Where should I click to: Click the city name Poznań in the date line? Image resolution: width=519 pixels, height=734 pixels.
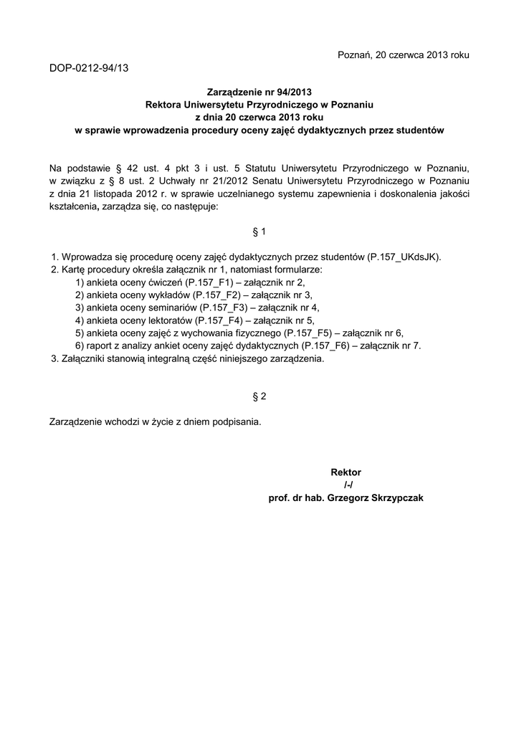tap(353, 55)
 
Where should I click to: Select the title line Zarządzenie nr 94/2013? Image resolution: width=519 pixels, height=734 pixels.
tap(259, 92)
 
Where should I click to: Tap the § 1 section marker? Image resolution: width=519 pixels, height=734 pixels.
tap(259, 232)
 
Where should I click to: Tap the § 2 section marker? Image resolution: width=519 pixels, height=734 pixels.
tap(259, 396)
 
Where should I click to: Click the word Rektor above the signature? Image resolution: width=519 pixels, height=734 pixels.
tap(346, 472)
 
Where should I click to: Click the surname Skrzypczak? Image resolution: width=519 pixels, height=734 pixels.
tap(394, 498)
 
